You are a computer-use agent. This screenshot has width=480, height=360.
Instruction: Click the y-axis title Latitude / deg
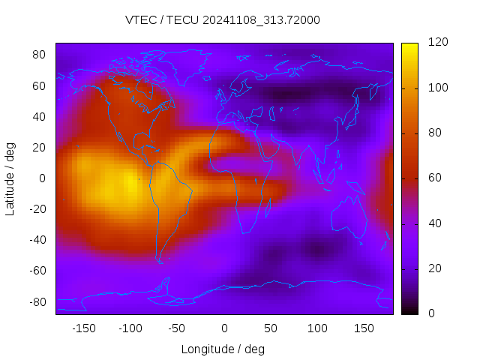(10, 178)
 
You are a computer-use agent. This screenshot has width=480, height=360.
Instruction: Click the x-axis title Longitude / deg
(223, 349)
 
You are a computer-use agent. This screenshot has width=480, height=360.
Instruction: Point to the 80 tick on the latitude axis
(40, 55)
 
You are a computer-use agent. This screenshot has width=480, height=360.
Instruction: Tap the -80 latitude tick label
(37, 301)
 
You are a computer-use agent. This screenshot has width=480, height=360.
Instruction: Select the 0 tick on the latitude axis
(43, 178)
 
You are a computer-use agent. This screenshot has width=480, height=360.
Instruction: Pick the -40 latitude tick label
(37, 240)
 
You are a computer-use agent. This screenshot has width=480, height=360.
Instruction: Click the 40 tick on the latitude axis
(40, 116)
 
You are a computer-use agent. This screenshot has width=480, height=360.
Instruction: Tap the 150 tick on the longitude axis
(364, 328)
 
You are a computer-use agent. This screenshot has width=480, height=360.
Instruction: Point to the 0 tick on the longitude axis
(223, 328)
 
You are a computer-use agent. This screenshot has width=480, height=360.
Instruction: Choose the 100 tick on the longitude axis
(317, 328)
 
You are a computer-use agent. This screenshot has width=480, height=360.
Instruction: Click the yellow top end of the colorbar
(409, 46)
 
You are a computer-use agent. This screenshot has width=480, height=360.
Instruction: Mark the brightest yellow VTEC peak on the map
(129, 181)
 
